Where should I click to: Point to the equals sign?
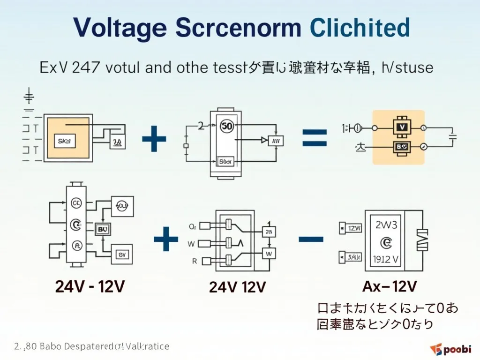[314, 138]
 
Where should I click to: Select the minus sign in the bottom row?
[311, 239]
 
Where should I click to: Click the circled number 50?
[226, 127]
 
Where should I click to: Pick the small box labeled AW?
[275, 140]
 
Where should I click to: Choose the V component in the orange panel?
[401, 127]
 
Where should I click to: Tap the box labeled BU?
[102, 230]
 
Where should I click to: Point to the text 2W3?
[386, 225]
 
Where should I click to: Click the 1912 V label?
[386, 259]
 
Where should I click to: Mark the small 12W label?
[354, 229]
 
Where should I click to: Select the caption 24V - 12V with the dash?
[90, 286]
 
